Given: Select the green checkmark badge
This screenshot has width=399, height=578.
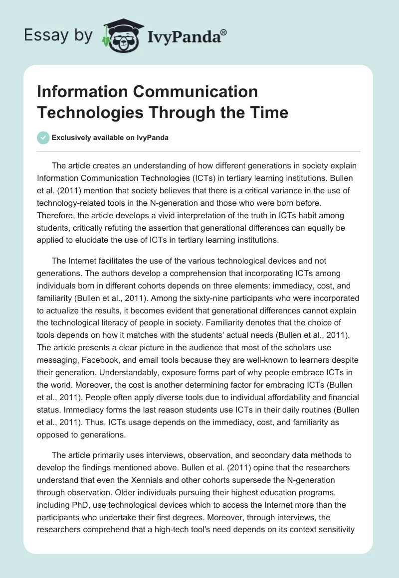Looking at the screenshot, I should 43,138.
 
